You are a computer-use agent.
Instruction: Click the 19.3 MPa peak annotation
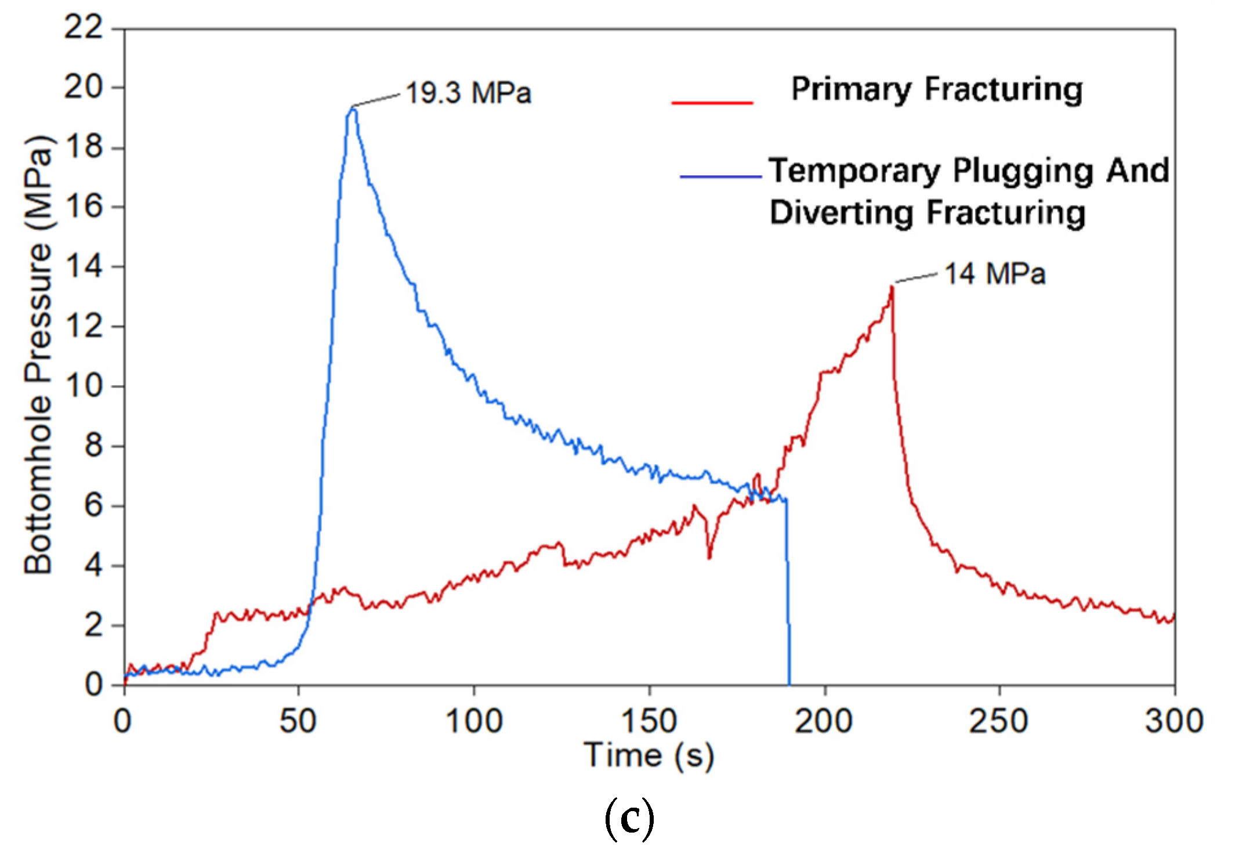pyautogui.click(x=468, y=93)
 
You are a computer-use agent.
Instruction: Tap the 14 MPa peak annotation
pyautogui.click(x=994, y=274)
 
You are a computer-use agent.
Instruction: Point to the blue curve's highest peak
pyautogui.click(x=352, y=108)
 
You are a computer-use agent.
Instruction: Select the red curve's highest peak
pyautogui.click(x=892, y=287)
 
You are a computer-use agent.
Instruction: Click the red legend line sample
pyautogui.click(x=712, y=103)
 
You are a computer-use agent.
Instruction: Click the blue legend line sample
pyautogui.click(x=720, y=176)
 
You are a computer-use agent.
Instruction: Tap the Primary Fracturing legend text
pyautogui.click(x=936, y=90)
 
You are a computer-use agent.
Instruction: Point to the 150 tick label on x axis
pyautogui.click(x=649, y=721)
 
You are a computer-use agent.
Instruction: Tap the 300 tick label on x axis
pyautogui.click(x=1173, y=721)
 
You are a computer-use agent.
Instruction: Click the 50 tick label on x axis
pyautogui.click(x=298, y=721)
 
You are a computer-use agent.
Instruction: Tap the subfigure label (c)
pyautogui.click(x=629, y=818)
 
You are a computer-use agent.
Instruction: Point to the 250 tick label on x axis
pyautogui.click(x=998, y=721)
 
